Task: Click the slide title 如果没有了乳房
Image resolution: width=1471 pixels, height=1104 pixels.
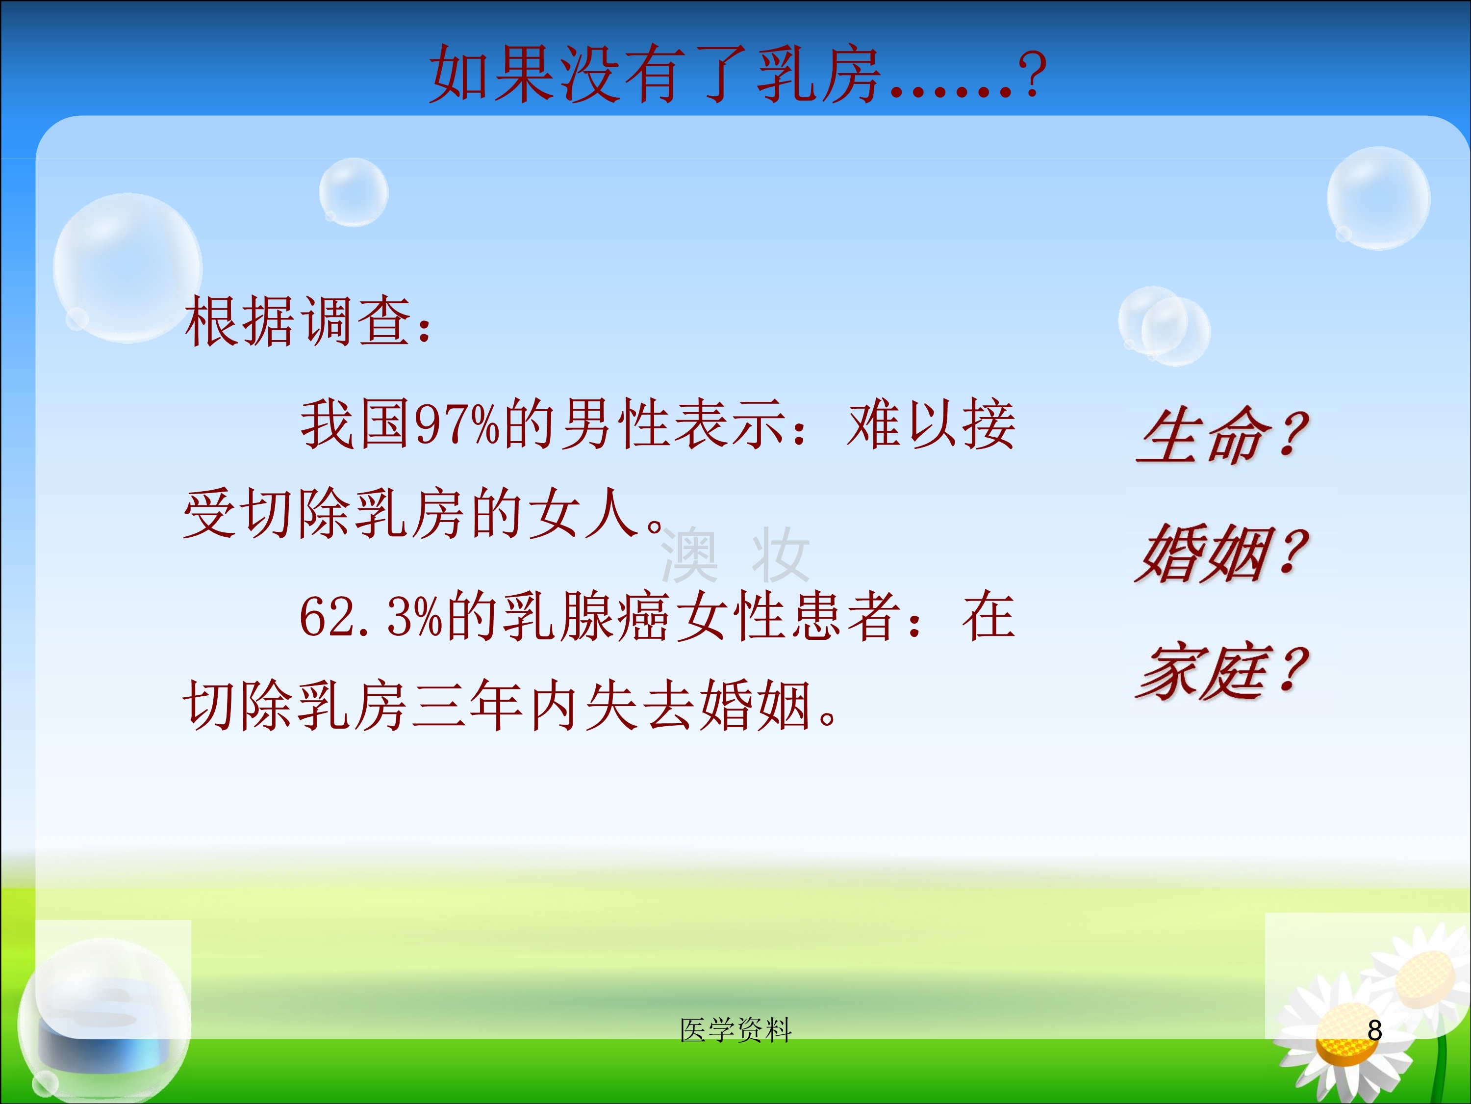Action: point(656,75)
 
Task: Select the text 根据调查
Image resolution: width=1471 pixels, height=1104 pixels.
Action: point(297,322)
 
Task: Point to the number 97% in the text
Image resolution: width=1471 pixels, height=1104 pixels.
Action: point(457,424)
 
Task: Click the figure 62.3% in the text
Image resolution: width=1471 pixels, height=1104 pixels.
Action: point(371,616)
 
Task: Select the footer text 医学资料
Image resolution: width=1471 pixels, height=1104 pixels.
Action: point(735,1030)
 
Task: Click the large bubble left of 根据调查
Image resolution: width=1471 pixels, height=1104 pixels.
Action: point(127,268)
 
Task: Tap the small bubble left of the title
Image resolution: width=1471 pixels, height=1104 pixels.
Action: point(354,192)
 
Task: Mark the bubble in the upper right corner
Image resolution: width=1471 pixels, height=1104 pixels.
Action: point(1378,198)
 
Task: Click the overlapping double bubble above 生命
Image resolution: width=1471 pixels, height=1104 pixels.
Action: point(1164,326)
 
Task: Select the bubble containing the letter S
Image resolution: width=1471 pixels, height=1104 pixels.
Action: point(104,1018)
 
